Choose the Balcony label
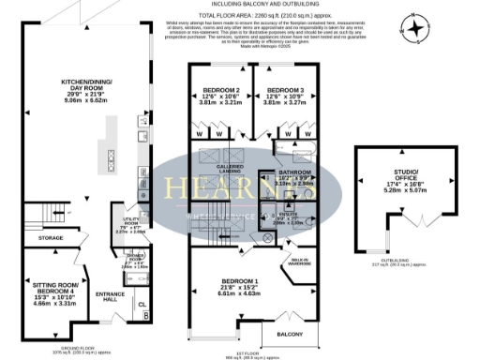[x=287, y=333]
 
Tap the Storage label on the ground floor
[x=52, y=238]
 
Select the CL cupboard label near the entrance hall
[x=143, y=305]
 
